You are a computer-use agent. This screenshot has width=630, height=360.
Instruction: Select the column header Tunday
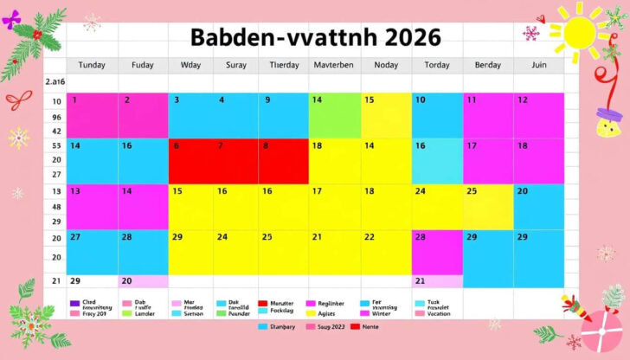coord(92,65)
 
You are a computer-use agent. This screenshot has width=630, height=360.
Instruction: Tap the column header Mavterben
coord(335,65)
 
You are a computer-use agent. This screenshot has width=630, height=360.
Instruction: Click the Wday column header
coord(190,65)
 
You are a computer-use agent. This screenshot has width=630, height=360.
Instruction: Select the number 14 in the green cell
coord(317,100)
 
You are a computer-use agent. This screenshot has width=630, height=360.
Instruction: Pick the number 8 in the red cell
coord(265,146)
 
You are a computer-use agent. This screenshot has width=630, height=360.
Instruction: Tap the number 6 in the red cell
coord(177,146)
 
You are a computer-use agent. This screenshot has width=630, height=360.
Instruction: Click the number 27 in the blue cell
coord(75,236)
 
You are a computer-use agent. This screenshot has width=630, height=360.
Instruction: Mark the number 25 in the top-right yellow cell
coord(472,191)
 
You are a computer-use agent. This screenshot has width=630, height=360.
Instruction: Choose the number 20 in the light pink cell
coord(126,281)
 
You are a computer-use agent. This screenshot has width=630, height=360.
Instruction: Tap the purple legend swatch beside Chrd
coord(73,305)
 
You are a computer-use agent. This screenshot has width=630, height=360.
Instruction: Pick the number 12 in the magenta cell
coord(523,100)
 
